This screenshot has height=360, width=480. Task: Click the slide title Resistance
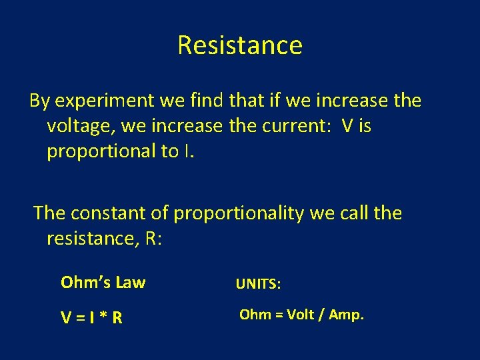[240, 45]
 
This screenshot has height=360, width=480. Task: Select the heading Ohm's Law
[103, 283]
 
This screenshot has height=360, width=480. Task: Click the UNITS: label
[259, 285]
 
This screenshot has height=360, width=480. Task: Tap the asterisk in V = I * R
[102, 318]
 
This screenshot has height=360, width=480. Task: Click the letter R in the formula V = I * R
[117, 318]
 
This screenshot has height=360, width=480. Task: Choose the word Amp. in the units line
[347, 315]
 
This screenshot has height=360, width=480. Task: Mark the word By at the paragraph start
[39, 101]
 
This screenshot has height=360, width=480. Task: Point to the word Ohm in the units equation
[255, 315]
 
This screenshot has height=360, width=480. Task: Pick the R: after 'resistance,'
[151, 238]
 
